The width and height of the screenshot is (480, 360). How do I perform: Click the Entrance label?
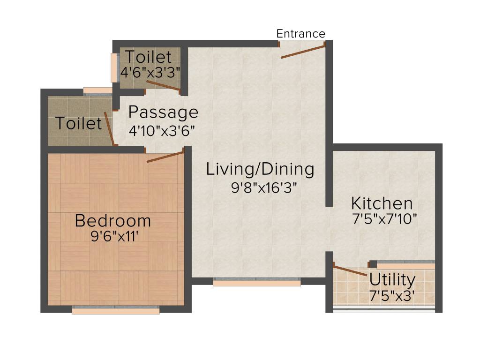(x=300, y=34)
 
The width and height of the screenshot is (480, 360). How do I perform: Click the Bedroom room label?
(x=113, y=220)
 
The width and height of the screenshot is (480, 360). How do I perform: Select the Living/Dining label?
(x=260, y=169)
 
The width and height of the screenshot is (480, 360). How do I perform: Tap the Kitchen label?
(x=382, y=203)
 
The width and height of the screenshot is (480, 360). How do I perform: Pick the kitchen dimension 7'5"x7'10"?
(x=384, y=219)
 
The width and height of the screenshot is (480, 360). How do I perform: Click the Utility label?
(x=392, y=280)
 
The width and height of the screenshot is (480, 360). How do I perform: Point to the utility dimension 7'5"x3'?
(x=392, y=296)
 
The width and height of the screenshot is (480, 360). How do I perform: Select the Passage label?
(x=163, y=113)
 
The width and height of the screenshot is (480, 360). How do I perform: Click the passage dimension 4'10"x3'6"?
(x=162, y=130)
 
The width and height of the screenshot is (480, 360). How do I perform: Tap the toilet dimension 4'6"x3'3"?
(x=150, y=73)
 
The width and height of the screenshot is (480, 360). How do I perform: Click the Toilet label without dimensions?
(x=79, y=123)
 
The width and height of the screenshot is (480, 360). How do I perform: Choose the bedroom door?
(x=165, y=157)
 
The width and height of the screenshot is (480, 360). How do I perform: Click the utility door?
(x=350, y=271)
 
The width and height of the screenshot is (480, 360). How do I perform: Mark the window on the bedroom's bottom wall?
(x=115, y=310)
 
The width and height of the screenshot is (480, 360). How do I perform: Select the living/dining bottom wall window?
(x=256, y=282)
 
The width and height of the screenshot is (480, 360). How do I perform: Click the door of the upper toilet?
(x=163, y=85)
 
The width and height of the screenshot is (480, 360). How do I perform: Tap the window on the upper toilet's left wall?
(x=113, y=67)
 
